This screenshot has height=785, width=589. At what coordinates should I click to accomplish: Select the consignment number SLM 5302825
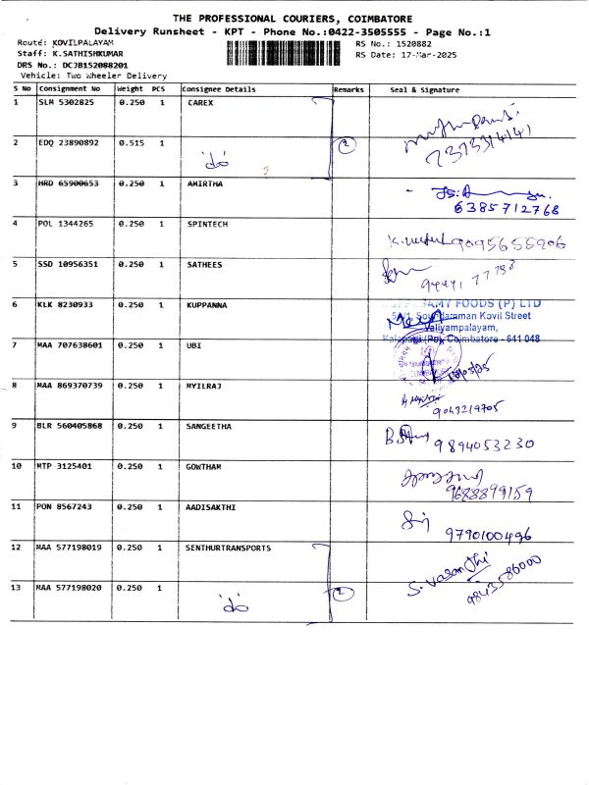[67, 102]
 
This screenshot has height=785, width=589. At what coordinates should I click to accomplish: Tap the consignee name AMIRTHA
[205, 183]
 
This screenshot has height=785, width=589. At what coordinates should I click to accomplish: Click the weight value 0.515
[131, 142]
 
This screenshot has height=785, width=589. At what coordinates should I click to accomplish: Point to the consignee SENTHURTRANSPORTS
[229, 548]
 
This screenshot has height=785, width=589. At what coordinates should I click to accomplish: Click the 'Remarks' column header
[348, 89]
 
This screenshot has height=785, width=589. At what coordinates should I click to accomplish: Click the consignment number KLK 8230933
[67, 305]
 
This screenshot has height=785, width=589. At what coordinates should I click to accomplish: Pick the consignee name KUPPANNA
[207, 305]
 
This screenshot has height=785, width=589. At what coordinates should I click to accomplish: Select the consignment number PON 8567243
[67, 506]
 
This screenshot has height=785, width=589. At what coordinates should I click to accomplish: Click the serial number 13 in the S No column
[17, 587]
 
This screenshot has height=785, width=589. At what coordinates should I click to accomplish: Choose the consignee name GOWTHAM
[205, 466]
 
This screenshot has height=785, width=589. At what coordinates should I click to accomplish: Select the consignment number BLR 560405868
[70, 426]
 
